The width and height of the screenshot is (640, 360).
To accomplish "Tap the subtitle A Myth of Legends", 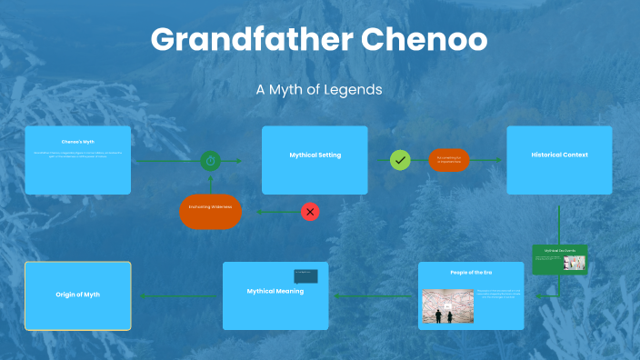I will click(319, 89).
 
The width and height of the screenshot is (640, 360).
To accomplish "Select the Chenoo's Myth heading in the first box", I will click(78, 142).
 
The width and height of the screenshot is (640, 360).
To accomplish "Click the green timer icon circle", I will click(211, 161).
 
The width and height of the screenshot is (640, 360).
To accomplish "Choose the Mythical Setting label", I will click(315, 155).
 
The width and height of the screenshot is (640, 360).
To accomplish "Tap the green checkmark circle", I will click(401, 160).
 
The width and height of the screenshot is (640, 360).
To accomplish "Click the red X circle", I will click(311, 212).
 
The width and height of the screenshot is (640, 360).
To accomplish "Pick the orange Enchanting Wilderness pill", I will click(211, 207).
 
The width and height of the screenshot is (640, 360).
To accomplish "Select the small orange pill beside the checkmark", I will click(449, 160).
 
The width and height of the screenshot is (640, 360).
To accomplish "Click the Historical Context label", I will click(559, 155).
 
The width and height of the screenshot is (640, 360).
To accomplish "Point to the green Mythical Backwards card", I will click(559, 259).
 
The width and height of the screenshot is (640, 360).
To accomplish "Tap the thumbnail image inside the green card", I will click(574, 263).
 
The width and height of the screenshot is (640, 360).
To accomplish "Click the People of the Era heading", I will click(471, 272).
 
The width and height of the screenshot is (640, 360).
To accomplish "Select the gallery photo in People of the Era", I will click(447, 306).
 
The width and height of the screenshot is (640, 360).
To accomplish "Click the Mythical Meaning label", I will click(275, 292).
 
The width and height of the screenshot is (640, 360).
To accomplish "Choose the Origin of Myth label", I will click(77, 295).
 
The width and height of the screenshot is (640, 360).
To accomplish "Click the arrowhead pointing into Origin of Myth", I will click(137, 295).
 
